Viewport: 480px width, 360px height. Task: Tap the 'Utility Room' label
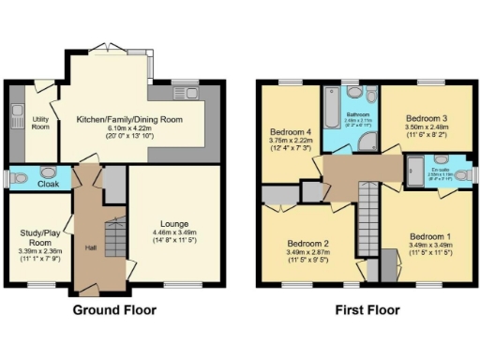click(x=39, y=124)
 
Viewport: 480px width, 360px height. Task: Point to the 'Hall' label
click(x=90, y=247)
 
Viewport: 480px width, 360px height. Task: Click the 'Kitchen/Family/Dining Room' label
click(x=127, y=120)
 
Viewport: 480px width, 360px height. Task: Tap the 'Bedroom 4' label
click(x=290, y=131)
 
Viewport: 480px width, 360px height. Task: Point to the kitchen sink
click(x=193, y=92)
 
